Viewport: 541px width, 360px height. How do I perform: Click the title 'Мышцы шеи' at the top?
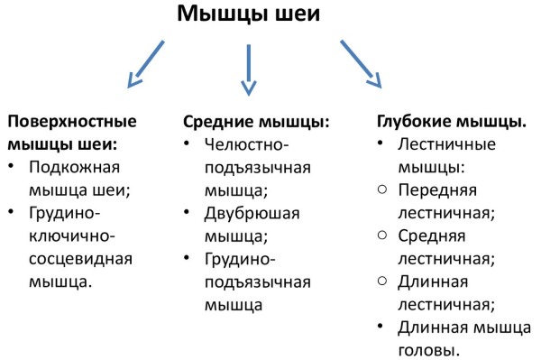tap(248, 14)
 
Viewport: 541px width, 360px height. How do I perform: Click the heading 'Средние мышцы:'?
tap(256, 121)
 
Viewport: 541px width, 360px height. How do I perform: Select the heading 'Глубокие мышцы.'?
tap(450, 121)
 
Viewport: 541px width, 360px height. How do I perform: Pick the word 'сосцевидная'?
tap(81, 259)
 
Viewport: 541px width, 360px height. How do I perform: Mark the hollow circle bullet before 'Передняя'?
tap(382, 189)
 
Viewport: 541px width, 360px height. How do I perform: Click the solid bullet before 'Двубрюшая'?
tap(188, 214)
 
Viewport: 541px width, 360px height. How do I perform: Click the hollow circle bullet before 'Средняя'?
tap(382, 235)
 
